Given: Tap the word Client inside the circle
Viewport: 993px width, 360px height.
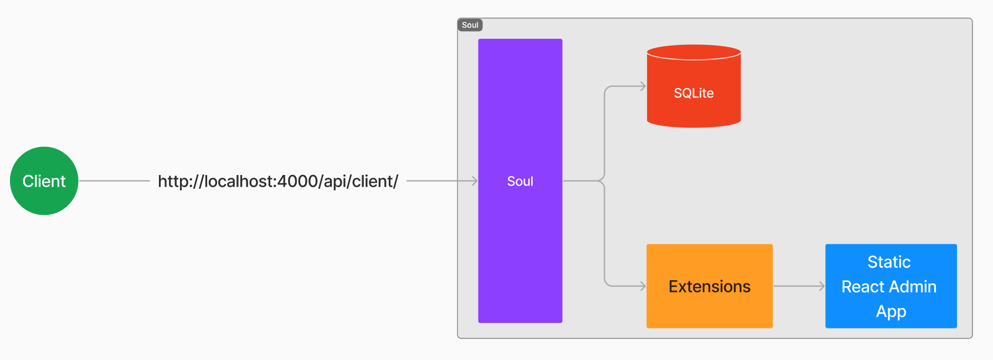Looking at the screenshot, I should [x=44, y=181].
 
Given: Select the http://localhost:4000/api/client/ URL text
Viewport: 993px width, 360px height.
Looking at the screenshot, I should [x=278, y=181].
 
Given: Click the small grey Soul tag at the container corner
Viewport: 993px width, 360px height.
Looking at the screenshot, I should [x=470, y=25].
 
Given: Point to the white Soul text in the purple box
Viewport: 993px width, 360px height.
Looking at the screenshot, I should [x=520, y=181].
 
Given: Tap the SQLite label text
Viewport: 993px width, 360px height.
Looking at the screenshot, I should [x=693, y=93].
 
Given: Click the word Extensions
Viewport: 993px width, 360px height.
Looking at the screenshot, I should [x=709, y=286].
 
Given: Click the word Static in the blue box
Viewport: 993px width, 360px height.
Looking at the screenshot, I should [x=889, y=262].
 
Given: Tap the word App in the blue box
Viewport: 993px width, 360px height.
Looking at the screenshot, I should [x=891, y=312].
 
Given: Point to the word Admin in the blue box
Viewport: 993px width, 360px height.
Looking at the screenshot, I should [x=913, y=286].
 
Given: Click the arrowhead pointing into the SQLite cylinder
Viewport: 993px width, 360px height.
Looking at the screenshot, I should [x=643, y=86].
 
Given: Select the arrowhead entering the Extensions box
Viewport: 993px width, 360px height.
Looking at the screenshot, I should [x=643, y=286].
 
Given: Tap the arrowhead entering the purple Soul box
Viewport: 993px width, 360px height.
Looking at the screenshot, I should [x=475, y=181].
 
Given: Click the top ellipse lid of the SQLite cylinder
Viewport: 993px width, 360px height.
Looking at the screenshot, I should [x=693, y=52].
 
